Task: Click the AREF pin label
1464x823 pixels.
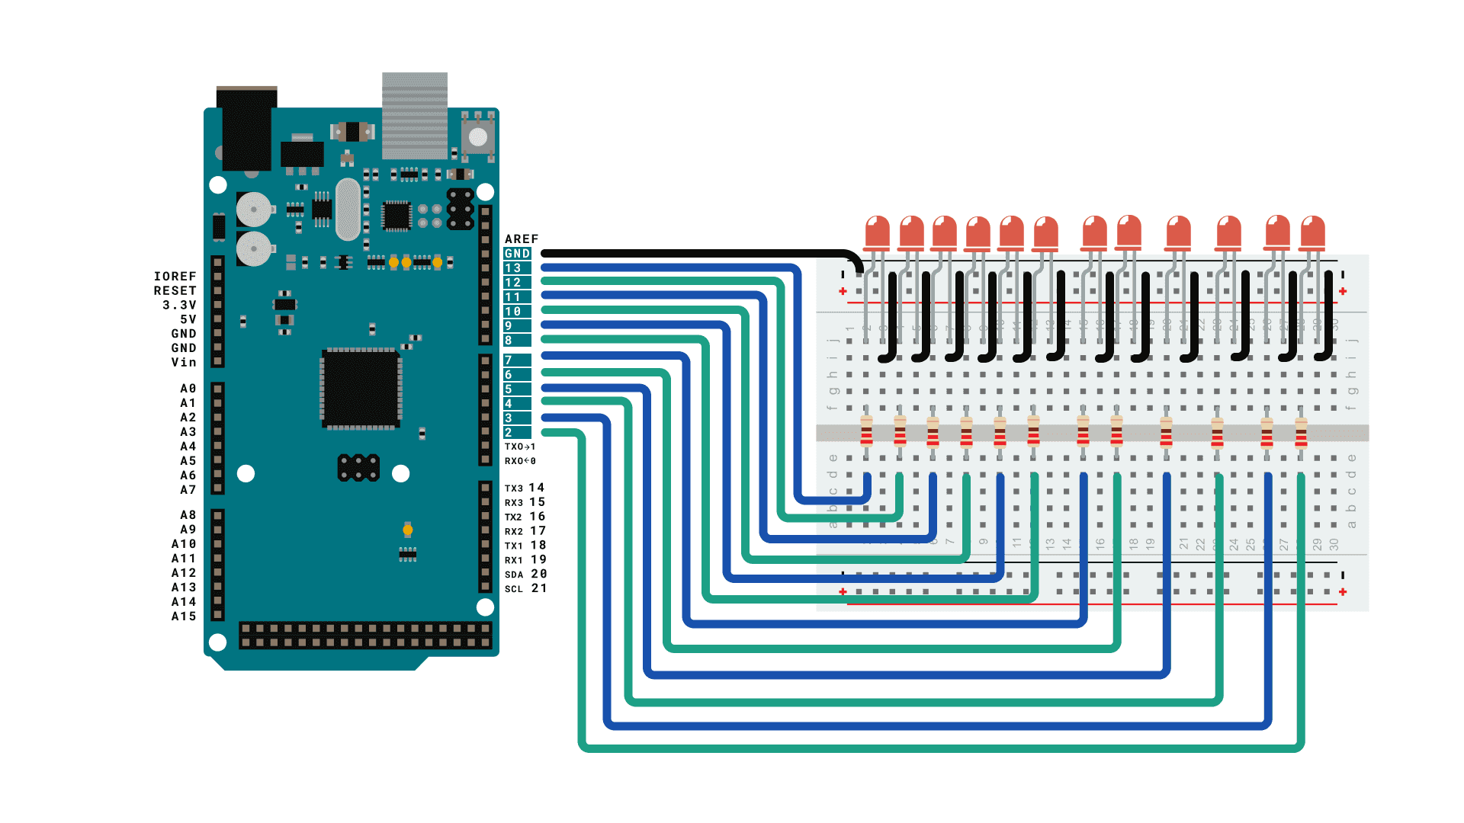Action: (522, 239)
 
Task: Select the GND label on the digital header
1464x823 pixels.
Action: (517, 254)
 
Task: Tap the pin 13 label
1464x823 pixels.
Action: (513, 268)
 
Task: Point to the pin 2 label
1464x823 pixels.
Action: (509, 433)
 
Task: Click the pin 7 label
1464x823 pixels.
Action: (509, 360)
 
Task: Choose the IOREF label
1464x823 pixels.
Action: (175, 277)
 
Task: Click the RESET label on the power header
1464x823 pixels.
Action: (175, 291)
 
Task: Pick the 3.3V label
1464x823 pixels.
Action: (179, 305)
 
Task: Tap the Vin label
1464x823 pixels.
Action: (184, 363)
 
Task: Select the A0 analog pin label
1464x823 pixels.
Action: (188, 389)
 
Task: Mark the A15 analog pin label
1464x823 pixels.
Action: (184, 616)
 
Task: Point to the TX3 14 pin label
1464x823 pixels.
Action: (525, 488)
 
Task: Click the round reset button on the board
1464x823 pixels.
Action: (478, 137)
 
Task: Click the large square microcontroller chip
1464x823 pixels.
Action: (361, 388)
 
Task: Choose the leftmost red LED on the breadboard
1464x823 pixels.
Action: (878, 233)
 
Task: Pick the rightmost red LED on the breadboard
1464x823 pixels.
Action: (1312, 233)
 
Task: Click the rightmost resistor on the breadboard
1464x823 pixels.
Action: (1301, 433)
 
